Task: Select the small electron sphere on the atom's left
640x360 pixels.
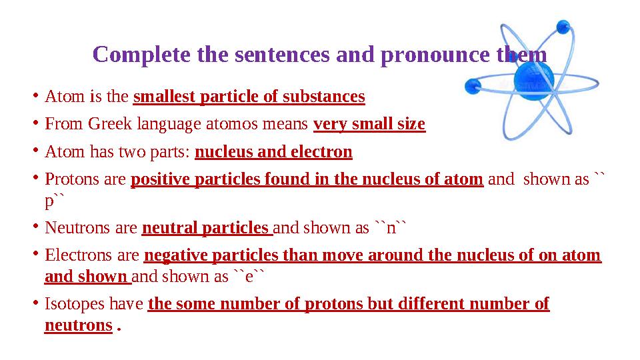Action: tap(473, 85)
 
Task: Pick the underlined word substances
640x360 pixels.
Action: tap(323, 97)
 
